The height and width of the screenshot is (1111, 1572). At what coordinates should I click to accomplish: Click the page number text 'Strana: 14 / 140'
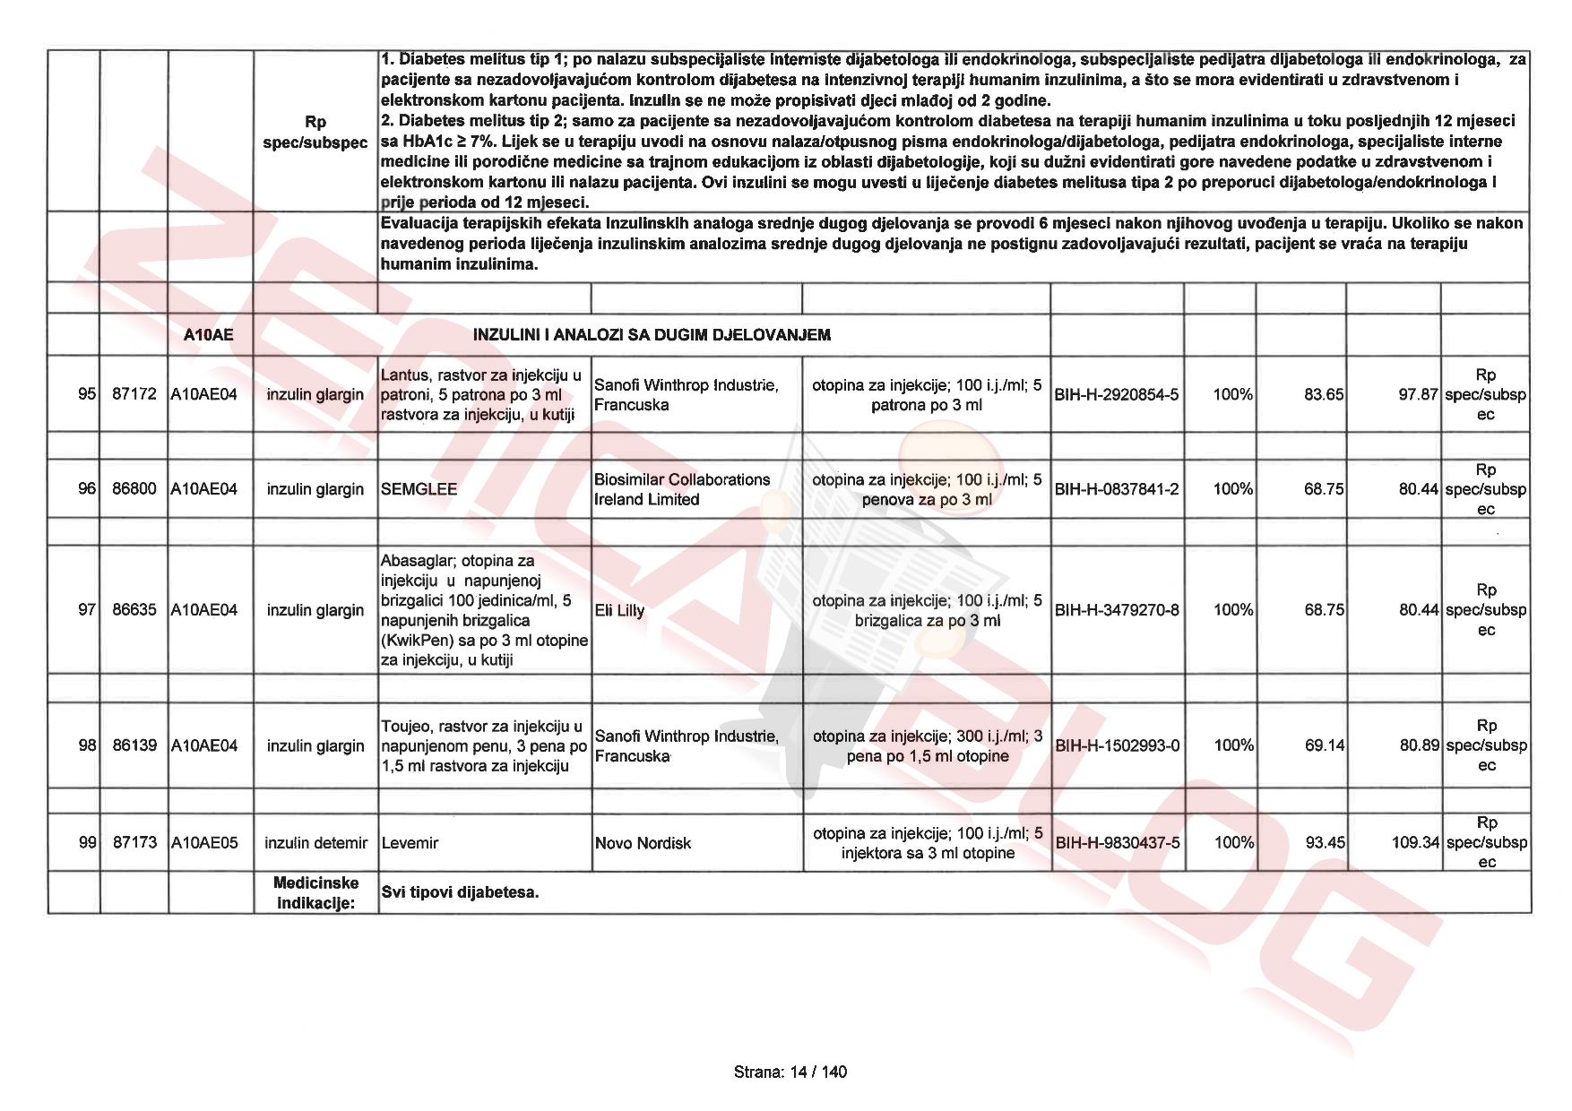click(790, 1072)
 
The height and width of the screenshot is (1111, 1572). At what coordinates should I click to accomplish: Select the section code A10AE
click(208, 335)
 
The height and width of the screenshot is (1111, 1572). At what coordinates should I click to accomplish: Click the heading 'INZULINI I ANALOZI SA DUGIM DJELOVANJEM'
click(652, 335)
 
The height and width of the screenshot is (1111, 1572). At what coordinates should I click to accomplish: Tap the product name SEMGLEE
click(419, 489)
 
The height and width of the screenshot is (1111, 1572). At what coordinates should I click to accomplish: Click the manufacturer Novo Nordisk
click(643, 843)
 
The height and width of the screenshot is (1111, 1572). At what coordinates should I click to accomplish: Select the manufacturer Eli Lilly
click(619, 610)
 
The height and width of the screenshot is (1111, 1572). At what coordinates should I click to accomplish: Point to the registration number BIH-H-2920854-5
click(1117, 394)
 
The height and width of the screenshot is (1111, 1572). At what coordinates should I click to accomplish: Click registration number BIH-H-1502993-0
click(1117, 745)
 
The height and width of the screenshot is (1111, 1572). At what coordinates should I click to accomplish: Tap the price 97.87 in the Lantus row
click(1418, 394)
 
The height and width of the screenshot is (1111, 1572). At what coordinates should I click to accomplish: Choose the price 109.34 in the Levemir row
click(1415, 843)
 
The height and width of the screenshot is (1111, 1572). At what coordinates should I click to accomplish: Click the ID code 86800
click(134, 489)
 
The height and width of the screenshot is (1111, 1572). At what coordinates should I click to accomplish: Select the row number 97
click(87, 610)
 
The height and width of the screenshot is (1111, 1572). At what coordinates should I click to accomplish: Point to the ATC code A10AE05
click(204, 843)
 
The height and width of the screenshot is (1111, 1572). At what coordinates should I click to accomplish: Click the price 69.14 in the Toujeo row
click(1325, 745)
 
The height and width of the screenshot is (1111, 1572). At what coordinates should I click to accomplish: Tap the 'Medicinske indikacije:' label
click(315, 892)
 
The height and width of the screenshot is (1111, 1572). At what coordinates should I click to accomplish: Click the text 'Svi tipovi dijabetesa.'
click(460, 892)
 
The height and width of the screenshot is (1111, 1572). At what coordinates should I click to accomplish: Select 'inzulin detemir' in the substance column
click(315, 843)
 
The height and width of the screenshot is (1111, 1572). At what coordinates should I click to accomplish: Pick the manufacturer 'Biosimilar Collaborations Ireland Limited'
click(681, 489)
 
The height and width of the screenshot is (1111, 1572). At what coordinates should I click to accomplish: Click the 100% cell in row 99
click(1233, 843)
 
